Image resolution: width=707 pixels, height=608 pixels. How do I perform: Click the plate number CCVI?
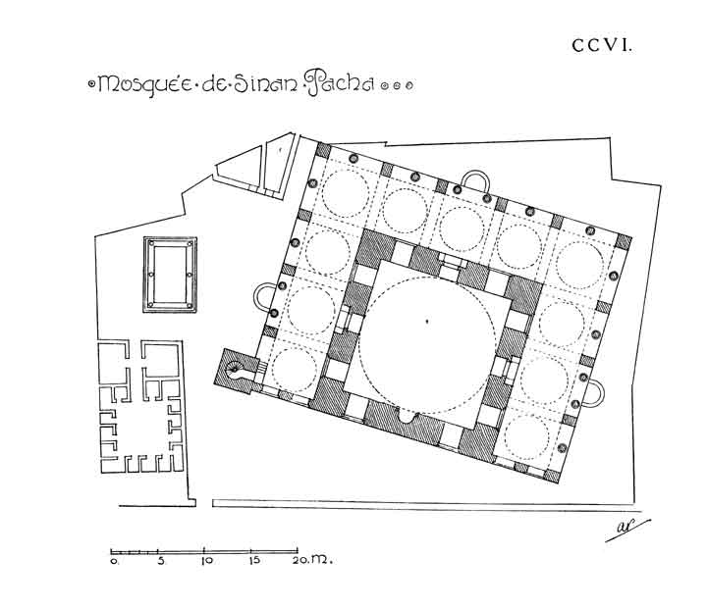601,45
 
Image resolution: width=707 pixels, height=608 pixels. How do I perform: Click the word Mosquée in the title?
144,84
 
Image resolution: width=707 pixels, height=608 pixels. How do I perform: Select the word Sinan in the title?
265,84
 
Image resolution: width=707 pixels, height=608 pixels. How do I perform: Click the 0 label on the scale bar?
114,561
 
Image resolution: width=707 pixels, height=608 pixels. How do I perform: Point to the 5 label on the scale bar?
160,561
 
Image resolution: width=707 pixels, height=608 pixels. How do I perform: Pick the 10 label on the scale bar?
207,561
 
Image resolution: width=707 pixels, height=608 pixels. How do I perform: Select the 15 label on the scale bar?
254,560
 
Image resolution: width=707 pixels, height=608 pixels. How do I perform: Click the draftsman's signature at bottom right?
627,530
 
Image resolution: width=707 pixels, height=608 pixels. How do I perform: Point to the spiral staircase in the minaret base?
236,370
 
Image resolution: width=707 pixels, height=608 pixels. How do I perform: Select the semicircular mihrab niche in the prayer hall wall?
409,418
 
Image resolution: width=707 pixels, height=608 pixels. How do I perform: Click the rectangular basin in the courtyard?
170,275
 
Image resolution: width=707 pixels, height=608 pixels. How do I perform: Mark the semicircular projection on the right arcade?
593,392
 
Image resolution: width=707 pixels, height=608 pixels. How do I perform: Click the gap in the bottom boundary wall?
204,503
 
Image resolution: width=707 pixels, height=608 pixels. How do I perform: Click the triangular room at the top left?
240,168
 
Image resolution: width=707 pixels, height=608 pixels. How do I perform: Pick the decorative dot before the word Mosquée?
91,83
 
